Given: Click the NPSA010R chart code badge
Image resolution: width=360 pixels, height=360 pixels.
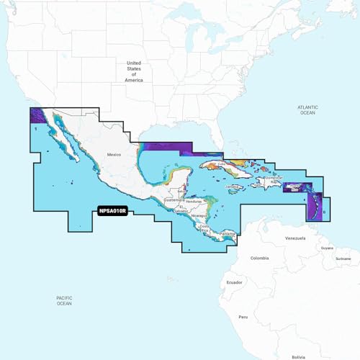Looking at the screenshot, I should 112,212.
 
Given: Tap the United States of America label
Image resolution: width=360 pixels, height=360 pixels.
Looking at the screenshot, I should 134,71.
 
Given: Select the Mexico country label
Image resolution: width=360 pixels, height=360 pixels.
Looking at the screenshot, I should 114,155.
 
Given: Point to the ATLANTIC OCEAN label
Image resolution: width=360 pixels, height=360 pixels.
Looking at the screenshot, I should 307,109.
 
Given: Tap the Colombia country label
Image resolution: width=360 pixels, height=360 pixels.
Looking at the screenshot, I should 240,258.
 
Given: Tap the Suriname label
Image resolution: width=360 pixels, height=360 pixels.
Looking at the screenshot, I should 343,258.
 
